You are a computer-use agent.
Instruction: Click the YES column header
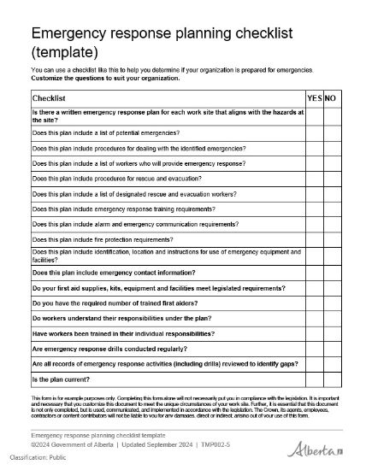pyautogui.click(x=314, y=99)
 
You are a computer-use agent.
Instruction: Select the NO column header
pyautogui.click(x=330, y=99)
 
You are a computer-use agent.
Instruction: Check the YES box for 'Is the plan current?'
pyautogui.click(x=314, y=379)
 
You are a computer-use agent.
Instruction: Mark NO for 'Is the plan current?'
pyautogui.click(x=331, y=379)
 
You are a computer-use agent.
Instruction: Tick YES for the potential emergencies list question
pyautogui.click(x=314, y=132)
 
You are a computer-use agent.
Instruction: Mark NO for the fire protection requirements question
pyautogui.click(x=331, y=239)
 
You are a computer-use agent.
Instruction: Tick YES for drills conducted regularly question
pyautogui.click(x=314, y=349)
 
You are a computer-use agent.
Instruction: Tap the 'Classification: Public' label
pyautogui.click(x=36, y=460)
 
